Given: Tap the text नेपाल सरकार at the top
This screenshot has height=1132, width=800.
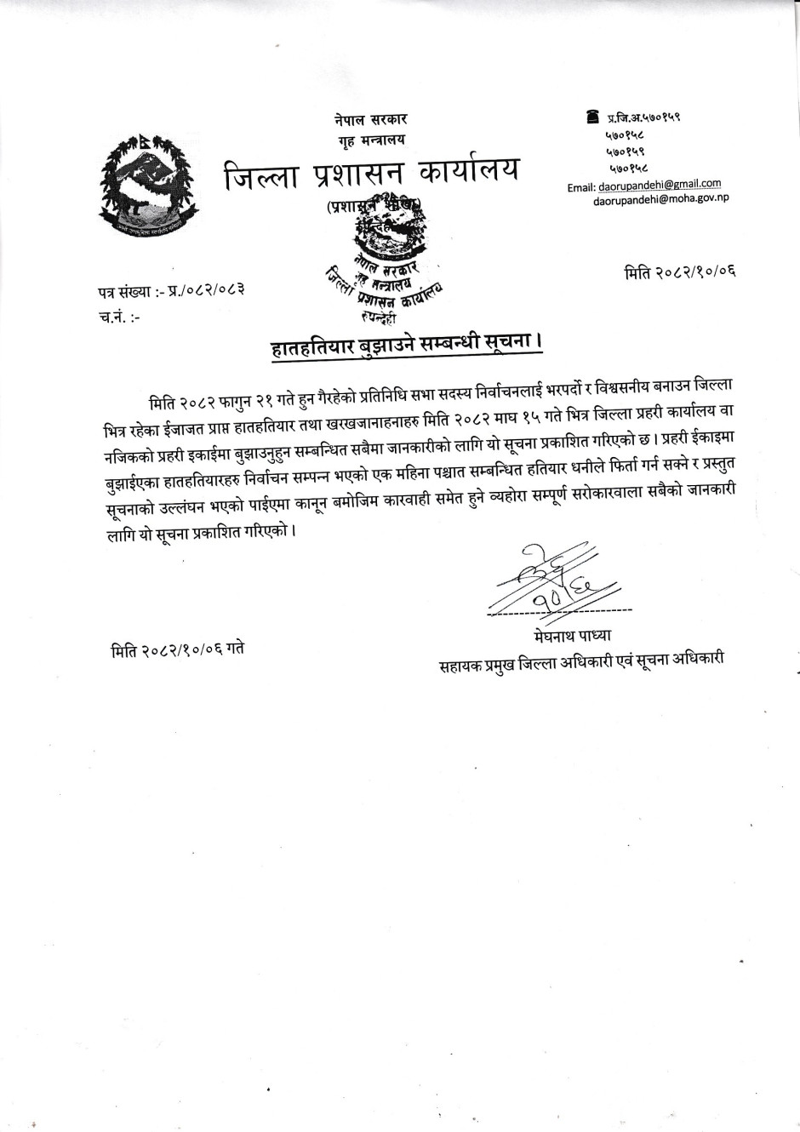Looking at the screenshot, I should tap(370, 119).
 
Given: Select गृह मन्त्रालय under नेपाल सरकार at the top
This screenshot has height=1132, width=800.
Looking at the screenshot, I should tap(370, 139).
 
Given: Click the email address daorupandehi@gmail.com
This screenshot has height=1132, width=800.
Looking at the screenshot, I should tap(659, 184).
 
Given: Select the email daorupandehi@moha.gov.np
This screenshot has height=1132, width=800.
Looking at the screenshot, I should tap(661, 200).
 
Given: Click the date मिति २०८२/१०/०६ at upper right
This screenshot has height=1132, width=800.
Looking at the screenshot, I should tap(680, 272).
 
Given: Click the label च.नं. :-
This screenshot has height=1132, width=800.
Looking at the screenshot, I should tap(120, 317).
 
